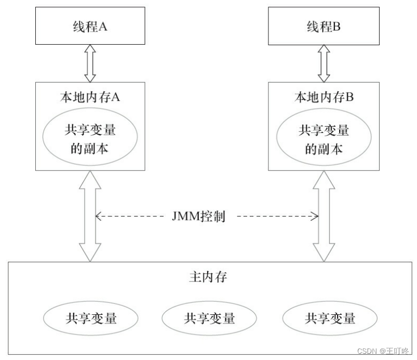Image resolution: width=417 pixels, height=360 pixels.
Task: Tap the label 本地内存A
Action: click(90, 97)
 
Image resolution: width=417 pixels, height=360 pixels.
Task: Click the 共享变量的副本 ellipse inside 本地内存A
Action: click(90, 139)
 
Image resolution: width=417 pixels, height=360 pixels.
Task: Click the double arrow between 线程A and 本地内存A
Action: click(90, 63)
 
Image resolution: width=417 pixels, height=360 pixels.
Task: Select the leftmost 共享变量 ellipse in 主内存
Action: click(91, 317)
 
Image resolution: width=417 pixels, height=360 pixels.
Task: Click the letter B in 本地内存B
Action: click(349, 97)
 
